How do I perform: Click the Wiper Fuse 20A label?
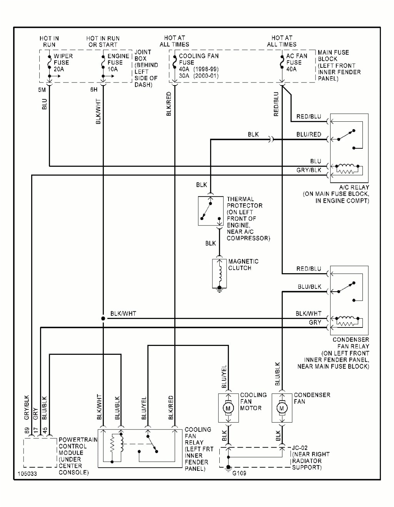pos(63,62)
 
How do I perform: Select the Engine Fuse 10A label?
pos(118,62)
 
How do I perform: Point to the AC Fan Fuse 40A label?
pos(296,62)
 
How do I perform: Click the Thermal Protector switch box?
pos(210,211)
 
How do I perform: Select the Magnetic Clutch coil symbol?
pos(220,274)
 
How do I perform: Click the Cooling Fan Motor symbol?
pos(228,408)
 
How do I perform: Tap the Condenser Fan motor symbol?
pos(282,408)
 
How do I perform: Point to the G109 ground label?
pos(239,473)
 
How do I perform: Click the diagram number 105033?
pos(27,473)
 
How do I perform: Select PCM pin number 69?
pos(27,430)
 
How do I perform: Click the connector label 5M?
pos(42,90)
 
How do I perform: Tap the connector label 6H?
pos(94,90)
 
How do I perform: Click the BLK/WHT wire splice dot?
pos(103,319)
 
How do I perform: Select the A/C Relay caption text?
pos(354,187)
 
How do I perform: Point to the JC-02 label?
pos(300,448)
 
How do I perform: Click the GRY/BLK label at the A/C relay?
pos(309,170)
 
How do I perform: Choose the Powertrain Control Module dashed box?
pos(40,453)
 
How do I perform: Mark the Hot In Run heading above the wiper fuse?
pos(49,41)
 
